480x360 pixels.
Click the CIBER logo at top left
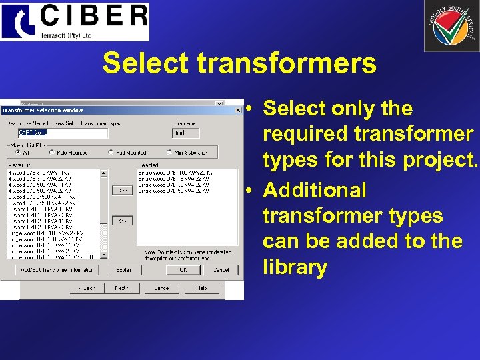[75, 21]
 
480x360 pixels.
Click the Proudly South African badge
[451, 26]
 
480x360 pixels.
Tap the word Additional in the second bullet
[315, 190]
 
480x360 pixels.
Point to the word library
[295, 267]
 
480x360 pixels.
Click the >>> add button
[122, 190]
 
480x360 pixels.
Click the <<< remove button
[122, 219]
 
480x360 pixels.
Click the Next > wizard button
[121, 288]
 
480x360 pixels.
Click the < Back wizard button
[86, 288]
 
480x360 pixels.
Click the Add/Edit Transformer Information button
[57, 270]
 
